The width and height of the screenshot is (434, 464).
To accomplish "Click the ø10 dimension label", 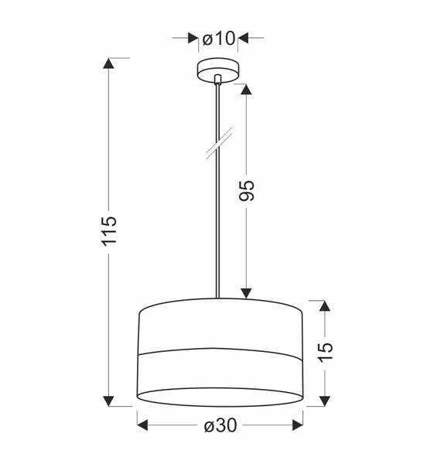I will (219, 37).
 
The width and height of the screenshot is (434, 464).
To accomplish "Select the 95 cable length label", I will (247, 190).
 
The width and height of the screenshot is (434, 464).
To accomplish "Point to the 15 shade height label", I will (326, 350).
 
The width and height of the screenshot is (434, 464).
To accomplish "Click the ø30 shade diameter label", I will (220, 425).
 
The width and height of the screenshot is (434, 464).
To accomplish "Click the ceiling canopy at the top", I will (219, 69).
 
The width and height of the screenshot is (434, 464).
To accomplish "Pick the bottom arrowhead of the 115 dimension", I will (109, 399).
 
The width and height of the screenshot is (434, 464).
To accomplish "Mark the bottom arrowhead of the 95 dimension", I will (247, 292).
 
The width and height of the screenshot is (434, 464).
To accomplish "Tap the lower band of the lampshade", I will (220, 375).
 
